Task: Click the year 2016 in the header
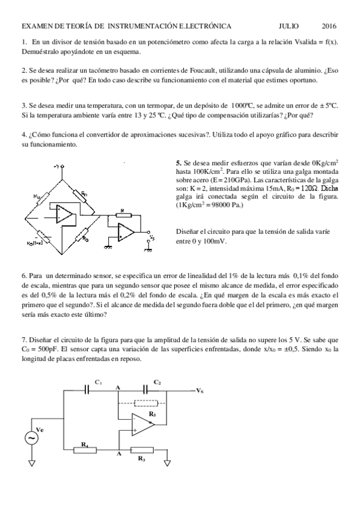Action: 329,26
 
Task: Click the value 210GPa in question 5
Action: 223,180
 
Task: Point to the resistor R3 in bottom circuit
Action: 141,449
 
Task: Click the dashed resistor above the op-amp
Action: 146,404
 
